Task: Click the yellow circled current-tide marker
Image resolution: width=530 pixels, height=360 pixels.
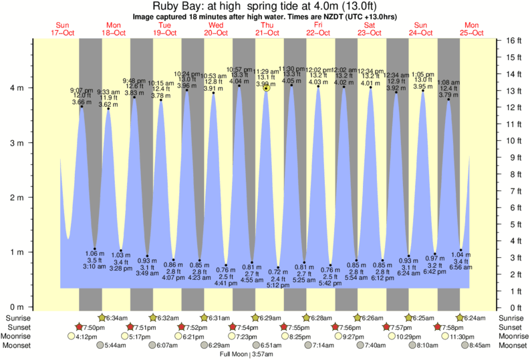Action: coord(267,87)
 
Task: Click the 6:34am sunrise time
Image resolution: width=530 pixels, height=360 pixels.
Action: coord(118,318)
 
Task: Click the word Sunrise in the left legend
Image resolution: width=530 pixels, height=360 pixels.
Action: coord(17,318)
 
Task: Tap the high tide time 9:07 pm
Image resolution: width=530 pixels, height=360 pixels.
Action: coord(82,90)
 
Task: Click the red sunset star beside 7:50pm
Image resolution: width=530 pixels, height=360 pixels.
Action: coord(79,327)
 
